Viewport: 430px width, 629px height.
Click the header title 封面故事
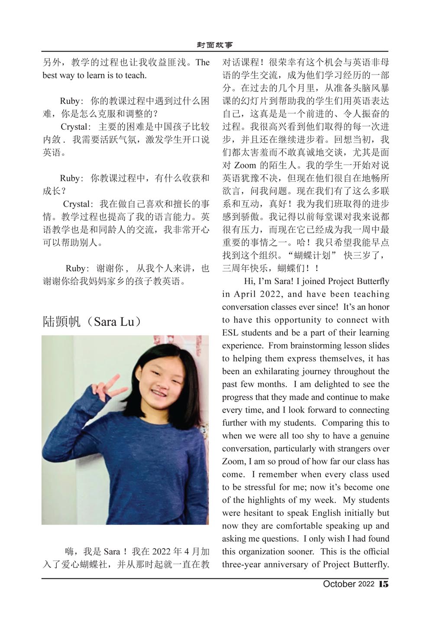pos(215,45)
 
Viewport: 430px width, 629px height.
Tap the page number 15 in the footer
pos(384,584)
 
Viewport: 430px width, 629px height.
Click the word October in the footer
pos(339,584)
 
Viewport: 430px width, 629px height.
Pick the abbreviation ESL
pos(231,333)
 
